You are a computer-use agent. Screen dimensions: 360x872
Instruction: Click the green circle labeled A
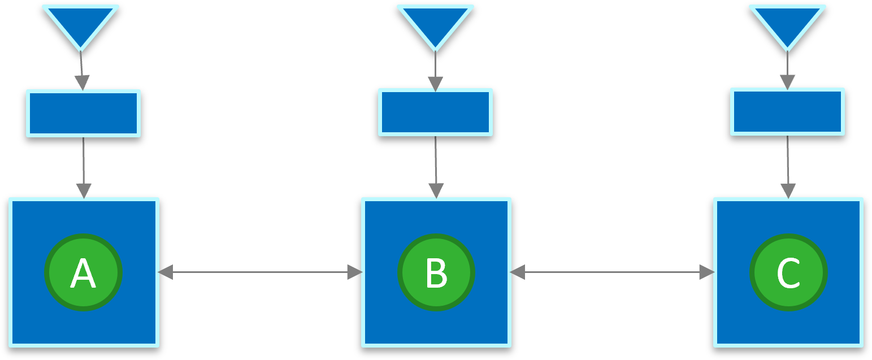tap(84, 272)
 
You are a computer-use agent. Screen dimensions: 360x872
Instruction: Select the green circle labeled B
tap(436, 272)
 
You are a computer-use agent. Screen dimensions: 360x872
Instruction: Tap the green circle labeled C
tap(788, 272)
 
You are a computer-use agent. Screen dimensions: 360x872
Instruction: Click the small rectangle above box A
tap(83, 113)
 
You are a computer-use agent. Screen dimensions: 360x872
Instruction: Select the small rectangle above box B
tap(435, 112)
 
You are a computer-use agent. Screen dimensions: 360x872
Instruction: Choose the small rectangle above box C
tap(787, 111)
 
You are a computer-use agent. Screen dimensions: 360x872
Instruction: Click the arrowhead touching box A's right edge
tap(165, 272)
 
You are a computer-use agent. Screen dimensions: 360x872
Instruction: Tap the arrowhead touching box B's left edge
tap(354, 272)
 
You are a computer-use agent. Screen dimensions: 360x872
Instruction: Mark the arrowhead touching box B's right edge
tap(517, 272)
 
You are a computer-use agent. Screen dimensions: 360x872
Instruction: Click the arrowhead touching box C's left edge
tap(707, 272)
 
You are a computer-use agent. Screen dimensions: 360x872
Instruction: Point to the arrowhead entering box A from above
tap(84, 191)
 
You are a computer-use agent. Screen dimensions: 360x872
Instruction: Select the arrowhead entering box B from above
tap(436, 191)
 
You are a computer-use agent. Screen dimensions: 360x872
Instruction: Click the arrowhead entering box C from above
tap(788, 191)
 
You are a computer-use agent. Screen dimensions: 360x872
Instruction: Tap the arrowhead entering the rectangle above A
tap(83, 83)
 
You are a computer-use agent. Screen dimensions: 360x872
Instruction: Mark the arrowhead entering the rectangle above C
tap(787, 82)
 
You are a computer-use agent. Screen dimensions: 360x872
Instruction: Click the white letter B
tap(436, 274)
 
